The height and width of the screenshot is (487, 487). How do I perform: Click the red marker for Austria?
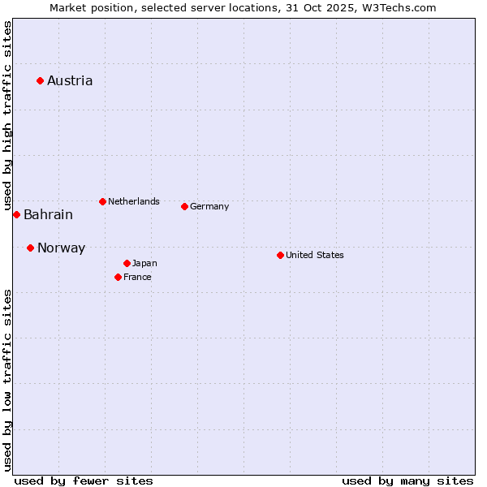[40, 80]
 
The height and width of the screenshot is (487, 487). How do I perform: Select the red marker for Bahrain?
[16, 214]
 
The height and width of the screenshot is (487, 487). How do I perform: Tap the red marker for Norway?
[30, 248]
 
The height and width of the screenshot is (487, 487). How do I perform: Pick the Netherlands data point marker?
[102, 201]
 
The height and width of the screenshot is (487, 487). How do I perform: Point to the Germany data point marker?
[184, 206]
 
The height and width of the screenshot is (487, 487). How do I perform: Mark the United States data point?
[280, 255]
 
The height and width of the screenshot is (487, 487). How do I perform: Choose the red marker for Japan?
[127, 263]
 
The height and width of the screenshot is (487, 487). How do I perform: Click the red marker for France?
[118, 277]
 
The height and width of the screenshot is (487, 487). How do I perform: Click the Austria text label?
[70, 80]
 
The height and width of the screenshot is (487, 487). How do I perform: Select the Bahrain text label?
[48, 215]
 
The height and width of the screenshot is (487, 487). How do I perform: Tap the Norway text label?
[61, 248]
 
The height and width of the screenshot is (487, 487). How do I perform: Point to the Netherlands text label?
[133, 201]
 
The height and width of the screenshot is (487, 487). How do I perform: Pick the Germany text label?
[209, 206]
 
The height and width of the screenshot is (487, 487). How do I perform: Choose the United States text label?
[314, 255]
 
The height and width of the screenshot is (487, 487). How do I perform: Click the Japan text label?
[144, 263]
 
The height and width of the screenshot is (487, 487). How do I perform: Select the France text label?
[137, 277]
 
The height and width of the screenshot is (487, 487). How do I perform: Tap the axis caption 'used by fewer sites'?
[84, 481]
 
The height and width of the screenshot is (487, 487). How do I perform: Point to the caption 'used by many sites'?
[407, 481]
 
